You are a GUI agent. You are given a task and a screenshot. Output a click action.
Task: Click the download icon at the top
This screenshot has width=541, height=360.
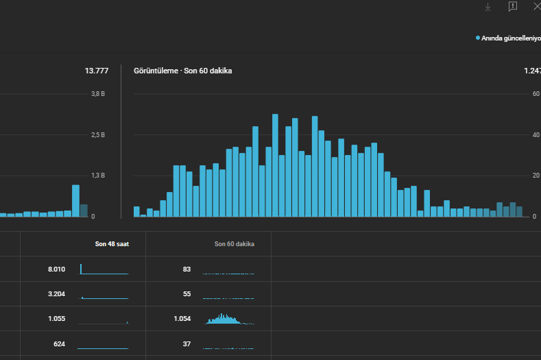coord(488,7)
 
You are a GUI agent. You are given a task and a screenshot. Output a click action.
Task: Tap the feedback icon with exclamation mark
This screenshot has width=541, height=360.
coord(513,6)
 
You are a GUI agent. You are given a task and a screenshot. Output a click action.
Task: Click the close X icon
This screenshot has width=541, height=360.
coord(537,6)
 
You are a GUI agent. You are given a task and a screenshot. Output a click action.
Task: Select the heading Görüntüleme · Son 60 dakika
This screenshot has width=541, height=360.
coord(183,71)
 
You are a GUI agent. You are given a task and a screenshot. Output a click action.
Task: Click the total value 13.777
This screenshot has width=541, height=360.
coord(97,71)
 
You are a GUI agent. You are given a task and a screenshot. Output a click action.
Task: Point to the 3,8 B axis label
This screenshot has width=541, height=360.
coord(98,94)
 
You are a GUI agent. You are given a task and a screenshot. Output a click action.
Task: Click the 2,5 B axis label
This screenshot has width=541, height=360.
coord(98,135)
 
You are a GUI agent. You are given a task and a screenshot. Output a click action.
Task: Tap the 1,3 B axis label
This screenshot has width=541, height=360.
coord(98,176)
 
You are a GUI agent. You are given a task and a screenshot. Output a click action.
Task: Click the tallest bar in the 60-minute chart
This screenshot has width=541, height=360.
coord(275,165)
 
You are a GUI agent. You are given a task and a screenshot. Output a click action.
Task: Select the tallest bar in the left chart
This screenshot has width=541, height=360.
coord(75,201)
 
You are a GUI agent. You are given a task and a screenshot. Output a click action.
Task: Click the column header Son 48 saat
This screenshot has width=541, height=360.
coord(112,244)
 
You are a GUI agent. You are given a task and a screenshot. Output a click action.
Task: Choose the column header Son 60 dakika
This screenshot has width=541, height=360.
coord(235,244)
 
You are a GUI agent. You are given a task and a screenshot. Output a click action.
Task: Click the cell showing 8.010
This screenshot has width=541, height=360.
coord(57,269)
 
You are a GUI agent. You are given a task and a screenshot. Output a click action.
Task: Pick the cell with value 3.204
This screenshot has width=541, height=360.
coord(57,294)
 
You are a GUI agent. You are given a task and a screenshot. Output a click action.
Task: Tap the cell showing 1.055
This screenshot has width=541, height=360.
coord(57,319)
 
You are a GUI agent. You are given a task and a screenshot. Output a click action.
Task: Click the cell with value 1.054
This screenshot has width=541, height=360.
coord(182,319)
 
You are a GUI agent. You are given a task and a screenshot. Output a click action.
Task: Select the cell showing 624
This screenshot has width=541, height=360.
coord(60,344)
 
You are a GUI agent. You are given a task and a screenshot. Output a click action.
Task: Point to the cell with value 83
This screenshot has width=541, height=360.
coord(187,269)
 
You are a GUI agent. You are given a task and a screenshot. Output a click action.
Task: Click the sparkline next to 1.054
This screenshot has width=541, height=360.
coord(228,319)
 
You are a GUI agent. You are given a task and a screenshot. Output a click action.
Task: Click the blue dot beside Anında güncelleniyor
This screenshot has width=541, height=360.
coord(478,38)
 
